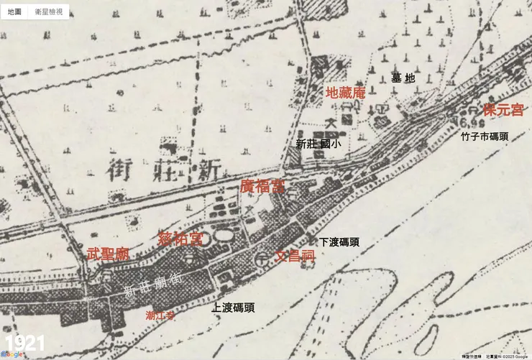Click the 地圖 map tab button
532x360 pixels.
pyautogui.click(x=15, y=11)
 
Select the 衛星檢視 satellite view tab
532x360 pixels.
pyautogui.click(x=49, y=11)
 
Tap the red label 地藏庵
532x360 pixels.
pyautogui.click(x=346, y=92)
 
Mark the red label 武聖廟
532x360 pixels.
pyautogui.click(x=108, y=254)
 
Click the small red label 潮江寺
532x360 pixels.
pyautogui.click(x=160, y=315)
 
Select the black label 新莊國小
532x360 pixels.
pyautogui.click(x=318, y=144)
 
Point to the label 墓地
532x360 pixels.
pyautogui.click(x=403, y=78)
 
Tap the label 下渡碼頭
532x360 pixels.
pyautogui.click(x=339, y=242)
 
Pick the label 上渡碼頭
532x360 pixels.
pyautogui.click(x=233, y=308)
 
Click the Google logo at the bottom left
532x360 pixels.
pyautogui.click(x=12, y=355)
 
